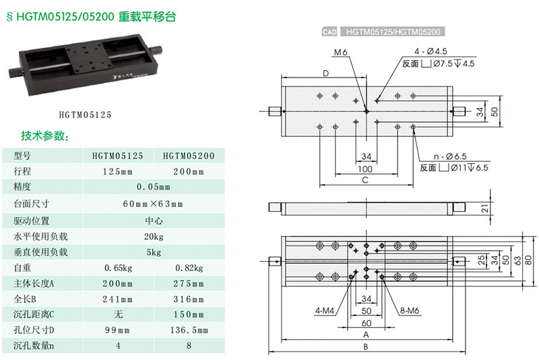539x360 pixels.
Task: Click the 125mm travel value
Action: coord(117,172)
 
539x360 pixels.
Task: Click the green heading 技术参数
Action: coord(45,136)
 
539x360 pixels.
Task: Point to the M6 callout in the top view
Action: coord(341,53)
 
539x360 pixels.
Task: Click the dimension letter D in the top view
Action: coord(325,73)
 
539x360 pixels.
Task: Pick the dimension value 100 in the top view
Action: coord(365,169)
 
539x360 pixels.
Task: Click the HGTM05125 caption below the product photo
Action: coord(85,115)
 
